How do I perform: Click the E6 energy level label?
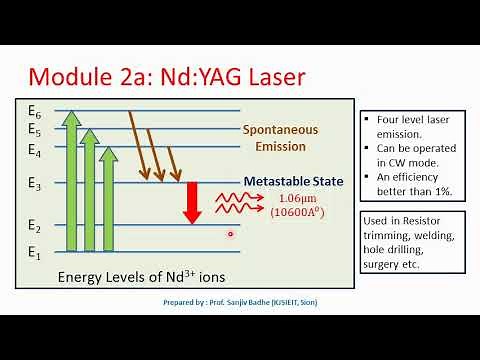35,109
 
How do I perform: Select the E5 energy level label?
35,129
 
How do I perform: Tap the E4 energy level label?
35,151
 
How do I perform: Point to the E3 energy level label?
35,185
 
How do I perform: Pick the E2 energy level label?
35,226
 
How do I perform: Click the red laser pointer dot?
230,234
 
